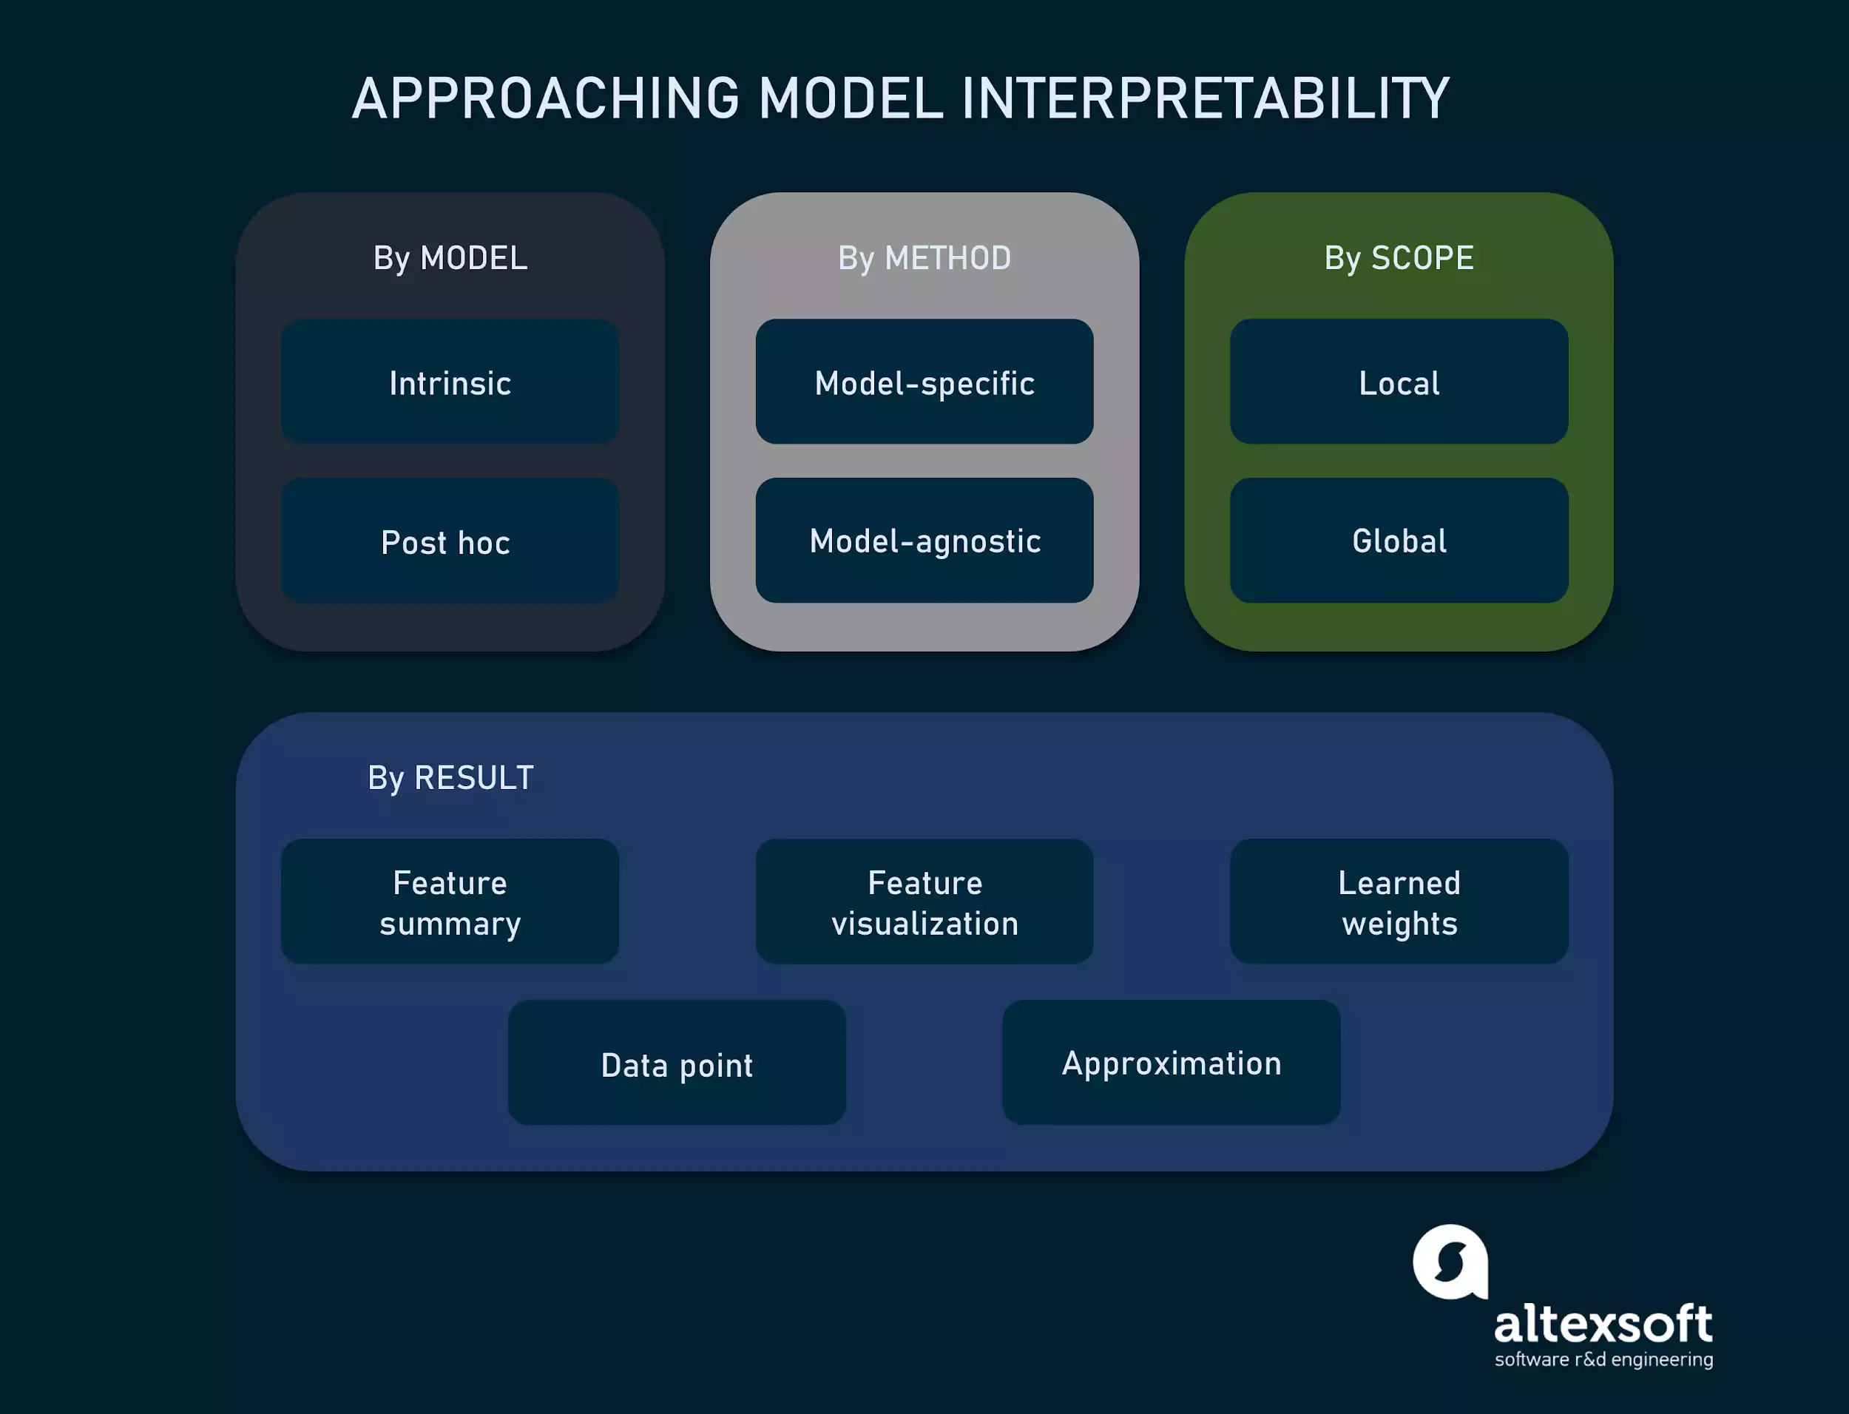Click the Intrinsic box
[x=450, y=382]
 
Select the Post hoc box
[x=450, y=541]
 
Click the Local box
[x=1399, y=382]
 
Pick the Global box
[x=1399, y=541]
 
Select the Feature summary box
[x=450, y=901]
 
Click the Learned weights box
[x=1399, y=901]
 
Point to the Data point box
[x=677, y=1063]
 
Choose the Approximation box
[x=1171, y=1063]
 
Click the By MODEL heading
[x=450, y=257]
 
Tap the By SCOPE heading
[x=1399, y=257]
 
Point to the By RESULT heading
[x=450, y=778]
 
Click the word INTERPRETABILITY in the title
[x=1205, y=98]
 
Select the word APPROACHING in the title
[x=545, y=98]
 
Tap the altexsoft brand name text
[x=1603, y=1324]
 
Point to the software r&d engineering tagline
[x=1603, y=1360]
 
